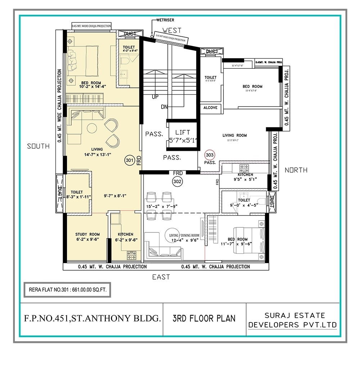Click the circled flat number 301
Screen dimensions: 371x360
pyautogui.click(x=130, y=160)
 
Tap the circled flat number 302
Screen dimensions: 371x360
pyautogui.click(x=177, y=181)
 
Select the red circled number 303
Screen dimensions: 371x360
pyautogui.click(x=210, y=155)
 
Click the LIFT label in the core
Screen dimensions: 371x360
pyautogui.click(x=183, y=132)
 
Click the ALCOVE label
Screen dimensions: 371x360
pyautogui.click(x=210, y=108)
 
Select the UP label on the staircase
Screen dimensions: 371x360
pyautogui.click(x=156, y=97)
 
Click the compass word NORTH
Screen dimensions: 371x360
pyautogui.click(x=296, y=170)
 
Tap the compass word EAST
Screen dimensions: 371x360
pyautogui.click(x=161, y=277)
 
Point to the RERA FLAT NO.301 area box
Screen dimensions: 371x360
pyautogui.click(x=67, y=289)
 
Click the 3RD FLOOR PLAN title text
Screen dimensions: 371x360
pyautogui.click(x=204, y=318)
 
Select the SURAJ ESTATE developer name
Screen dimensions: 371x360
pyautogui.click(x=294, y=316)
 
